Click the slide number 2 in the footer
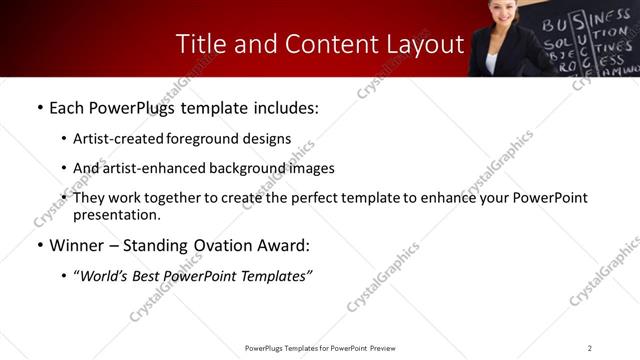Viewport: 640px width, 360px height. [590, 348]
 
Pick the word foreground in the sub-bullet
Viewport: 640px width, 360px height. [204, 139]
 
